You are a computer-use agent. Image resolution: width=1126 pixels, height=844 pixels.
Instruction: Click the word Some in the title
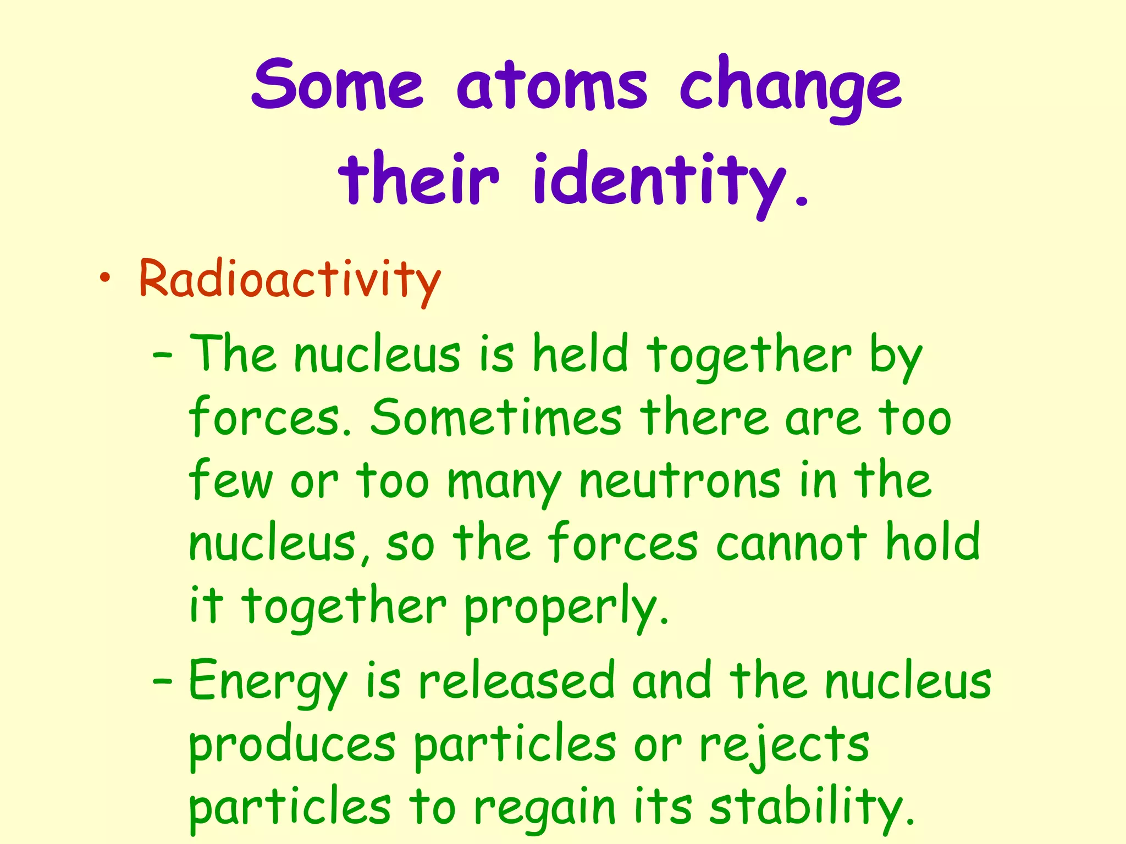point(337,85)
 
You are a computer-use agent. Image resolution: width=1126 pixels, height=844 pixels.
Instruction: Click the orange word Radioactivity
point(290,280)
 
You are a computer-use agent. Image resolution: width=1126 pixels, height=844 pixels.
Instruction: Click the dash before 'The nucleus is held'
point(163,357)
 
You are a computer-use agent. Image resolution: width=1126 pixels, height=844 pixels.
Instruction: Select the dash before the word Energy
point(163,683)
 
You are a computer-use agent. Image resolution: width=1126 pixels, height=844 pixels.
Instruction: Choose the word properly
point(566,608)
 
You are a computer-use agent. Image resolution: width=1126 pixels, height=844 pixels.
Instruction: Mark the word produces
point(292,747)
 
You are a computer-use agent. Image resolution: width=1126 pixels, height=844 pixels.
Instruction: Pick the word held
point(580,354)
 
